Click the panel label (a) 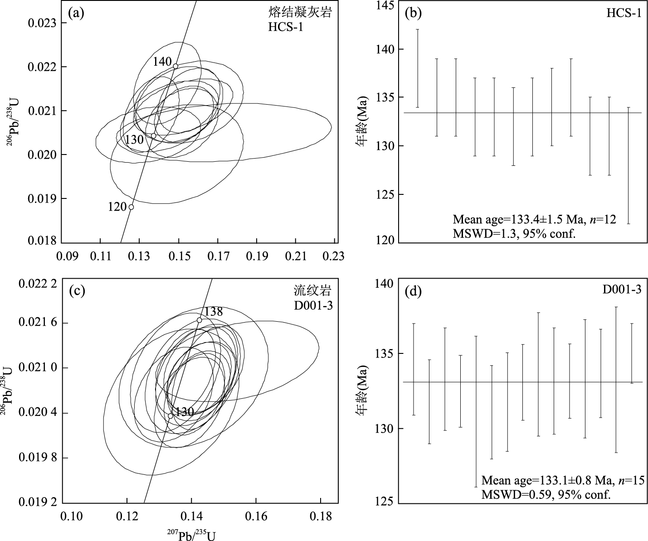pyautogui.click(x=76, y=13)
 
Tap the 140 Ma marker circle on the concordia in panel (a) pyautogui.click(x=175, y=66)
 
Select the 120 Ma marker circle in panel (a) pyautogui.click(x=131, y=207)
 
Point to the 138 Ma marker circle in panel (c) pyautogui.click(x=199, y=320)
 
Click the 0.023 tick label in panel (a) pyautogui.click(x=40, y=23)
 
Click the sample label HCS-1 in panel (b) pyautogui.click(x=624, y=13)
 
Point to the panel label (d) pyautogui.click(x=413, y=291)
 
